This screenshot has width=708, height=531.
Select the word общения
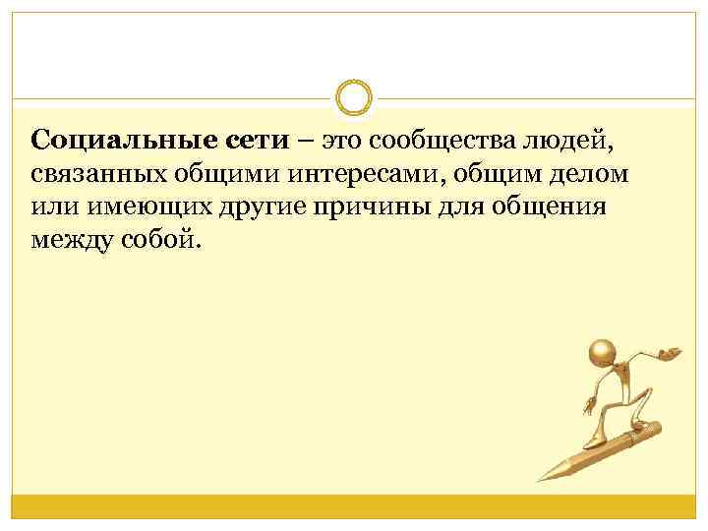point(552,208)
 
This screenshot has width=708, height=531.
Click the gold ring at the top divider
point(354,98)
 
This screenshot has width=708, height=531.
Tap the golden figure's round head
point(602,353)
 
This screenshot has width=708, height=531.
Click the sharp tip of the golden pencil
point(538,481)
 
